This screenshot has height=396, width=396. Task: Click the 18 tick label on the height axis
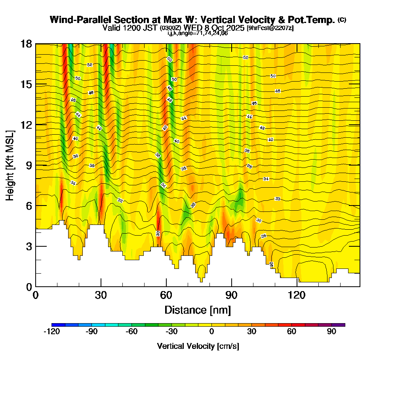coord(26,44)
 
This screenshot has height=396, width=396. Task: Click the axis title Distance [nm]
coord(198,309)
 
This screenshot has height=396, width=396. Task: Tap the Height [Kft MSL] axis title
coord(10,165)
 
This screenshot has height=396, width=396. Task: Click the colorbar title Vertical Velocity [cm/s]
coord(198,346)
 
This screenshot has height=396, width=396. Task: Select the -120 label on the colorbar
coord(51,332)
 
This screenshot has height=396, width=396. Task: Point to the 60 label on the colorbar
coord(292,332)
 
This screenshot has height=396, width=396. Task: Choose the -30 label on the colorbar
coord(171,332)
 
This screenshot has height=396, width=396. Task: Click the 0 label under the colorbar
coord(212,332)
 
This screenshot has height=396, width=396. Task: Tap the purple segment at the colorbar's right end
coord(338,325)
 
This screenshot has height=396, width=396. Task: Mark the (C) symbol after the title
coord(342,20)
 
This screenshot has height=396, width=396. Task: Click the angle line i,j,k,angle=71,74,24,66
coord(198,33)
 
